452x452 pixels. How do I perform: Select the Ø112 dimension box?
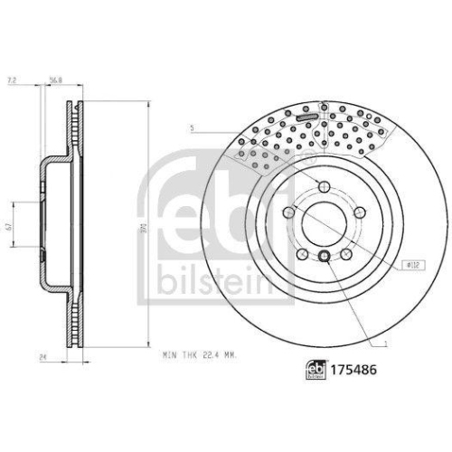click(x=413, y=264)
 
